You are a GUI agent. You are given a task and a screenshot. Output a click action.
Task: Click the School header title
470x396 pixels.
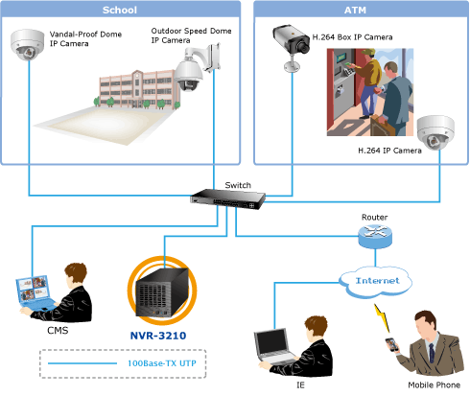[x=120, y=10]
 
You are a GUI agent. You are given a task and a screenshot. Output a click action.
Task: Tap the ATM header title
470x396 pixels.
[x=355, y=11]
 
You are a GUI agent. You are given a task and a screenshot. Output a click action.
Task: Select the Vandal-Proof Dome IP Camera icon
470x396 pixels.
[x=27, y=45]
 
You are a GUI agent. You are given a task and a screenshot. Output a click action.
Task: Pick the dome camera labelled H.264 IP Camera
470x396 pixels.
[x=435, y=132]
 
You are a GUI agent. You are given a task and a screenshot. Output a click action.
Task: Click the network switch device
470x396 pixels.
[x=227, y=198]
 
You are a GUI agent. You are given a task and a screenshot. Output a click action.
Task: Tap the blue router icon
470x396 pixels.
[x=375, y=237]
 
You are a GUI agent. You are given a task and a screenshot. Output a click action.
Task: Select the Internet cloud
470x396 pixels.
[x=375, y=282]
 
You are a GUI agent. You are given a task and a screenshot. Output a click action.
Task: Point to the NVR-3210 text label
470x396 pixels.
[x=158, y=336]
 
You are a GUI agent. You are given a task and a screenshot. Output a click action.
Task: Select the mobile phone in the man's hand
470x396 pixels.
[x=392, y=344]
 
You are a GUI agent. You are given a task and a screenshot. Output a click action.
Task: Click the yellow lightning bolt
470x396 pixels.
[x=383, y=317]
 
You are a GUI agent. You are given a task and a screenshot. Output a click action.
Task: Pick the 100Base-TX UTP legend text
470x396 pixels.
[x=162, y=363]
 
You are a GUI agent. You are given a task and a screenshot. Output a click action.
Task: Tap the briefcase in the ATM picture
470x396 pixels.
[x=380, y=126]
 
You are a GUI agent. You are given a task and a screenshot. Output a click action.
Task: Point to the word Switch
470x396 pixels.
[x=238, y=185]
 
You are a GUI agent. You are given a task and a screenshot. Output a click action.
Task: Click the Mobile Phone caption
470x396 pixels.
[x=434, y=384]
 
